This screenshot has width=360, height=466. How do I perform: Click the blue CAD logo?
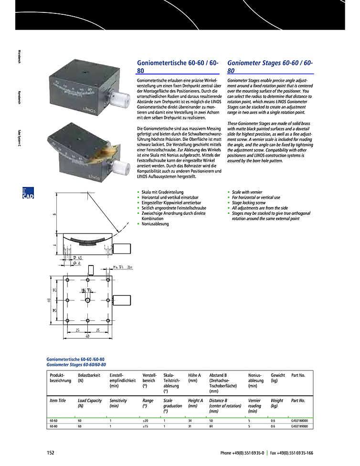click(x=28, y=193)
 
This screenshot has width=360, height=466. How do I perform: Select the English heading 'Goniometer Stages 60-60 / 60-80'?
click(x=271, y=66)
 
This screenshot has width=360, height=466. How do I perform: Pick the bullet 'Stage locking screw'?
click(x=248, y=203)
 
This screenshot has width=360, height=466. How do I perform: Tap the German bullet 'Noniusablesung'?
click(x=155, y=224)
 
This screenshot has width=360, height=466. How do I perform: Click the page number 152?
click(x=51, y=453)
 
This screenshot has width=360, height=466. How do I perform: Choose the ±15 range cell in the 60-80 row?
click(x=146, y=426)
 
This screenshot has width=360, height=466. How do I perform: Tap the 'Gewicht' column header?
click(x=278, y=375)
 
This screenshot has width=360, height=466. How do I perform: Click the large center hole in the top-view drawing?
click(x=88, y=300)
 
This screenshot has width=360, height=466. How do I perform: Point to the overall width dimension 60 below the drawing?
click(x=88, y=336)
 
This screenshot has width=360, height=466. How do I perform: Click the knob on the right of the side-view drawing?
click(x=123, y=248)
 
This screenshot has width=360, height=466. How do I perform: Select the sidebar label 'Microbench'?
click(x=19, y=57)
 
